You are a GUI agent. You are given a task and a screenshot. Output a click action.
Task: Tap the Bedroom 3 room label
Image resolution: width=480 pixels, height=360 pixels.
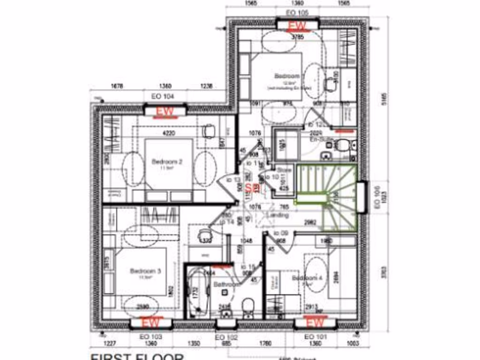(145, 271)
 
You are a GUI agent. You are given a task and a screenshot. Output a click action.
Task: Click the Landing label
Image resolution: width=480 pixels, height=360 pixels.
(277, 215)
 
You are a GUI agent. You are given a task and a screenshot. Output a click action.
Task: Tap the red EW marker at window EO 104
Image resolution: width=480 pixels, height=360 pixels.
(165, 112)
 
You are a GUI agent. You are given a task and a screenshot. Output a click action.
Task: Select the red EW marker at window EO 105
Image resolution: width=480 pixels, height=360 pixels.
(297, 25)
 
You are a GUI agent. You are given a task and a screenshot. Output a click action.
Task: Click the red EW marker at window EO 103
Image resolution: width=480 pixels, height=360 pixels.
(151, 322)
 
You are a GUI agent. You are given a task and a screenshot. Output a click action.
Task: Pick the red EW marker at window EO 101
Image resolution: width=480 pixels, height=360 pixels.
(315, 322)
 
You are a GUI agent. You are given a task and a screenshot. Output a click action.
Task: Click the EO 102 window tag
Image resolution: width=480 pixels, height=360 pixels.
(226, 337)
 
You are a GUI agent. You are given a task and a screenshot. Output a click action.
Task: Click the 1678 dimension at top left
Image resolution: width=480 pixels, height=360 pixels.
(117, 86)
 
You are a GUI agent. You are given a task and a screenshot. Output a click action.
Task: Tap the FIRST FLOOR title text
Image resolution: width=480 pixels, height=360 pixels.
(136, 356)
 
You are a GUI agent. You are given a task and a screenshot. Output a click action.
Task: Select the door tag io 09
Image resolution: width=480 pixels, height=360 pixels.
(280, 233)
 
